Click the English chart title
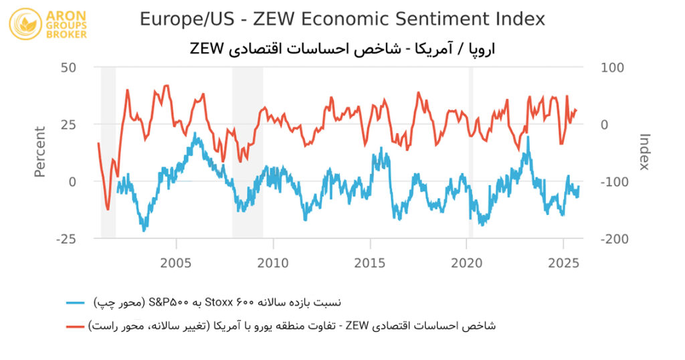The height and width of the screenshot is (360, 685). point(342,19)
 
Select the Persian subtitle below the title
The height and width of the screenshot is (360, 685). point(342,49)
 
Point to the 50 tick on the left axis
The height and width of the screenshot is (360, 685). point(68,68)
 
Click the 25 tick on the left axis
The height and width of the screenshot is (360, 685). point(68,124)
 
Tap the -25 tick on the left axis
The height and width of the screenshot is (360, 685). point(67,239)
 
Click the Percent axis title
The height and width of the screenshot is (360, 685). point(40,153)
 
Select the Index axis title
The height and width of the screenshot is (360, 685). point(644,153)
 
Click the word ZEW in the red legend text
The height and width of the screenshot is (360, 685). point(356,326)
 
